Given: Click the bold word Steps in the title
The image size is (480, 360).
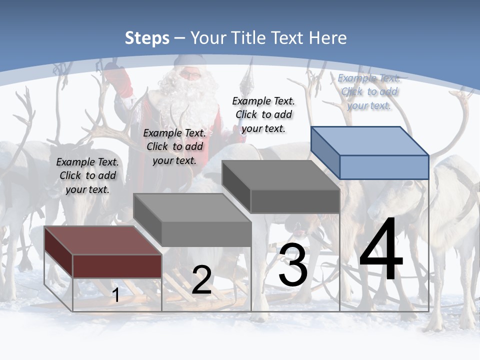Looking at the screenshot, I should click(x=147, y=38).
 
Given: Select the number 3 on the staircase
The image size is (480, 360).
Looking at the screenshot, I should click(x=293, y=265).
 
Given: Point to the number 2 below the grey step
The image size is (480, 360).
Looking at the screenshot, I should click(x=201, y=280).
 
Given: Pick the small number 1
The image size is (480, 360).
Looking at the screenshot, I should click(x=116, y=295).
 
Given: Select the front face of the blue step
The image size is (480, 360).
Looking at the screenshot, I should click(x=384, y=167).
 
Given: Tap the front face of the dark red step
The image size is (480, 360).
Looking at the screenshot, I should click(x=117, y=266).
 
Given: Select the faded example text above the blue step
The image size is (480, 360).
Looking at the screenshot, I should click(x=369, y=91).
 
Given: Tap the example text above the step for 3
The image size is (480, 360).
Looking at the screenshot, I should click(x=263, y=114).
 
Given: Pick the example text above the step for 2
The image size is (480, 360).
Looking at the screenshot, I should click(x=174, y=146).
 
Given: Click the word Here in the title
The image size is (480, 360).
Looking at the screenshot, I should click(x=328, y=38).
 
